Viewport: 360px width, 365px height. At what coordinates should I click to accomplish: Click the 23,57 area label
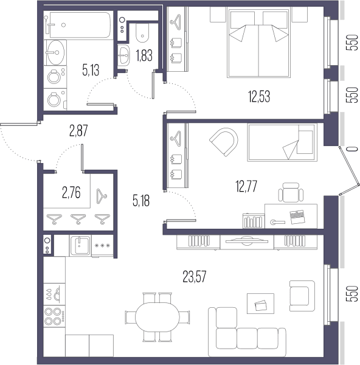(195, 277)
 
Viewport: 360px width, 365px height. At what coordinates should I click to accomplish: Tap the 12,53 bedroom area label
(259, 97)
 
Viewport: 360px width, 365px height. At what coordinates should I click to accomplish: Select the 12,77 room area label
(246, 186)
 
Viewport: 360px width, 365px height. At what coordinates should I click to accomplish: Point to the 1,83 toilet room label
(144, 55)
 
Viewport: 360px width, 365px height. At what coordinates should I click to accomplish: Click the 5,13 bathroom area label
(91, 71)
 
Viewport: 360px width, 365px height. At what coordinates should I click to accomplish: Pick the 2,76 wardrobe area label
(71, 193)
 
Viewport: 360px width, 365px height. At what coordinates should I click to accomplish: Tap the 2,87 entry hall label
(78, 130)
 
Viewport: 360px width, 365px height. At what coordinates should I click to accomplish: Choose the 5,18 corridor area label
(141, 201)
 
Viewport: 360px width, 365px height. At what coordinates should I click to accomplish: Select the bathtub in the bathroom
(80, 25)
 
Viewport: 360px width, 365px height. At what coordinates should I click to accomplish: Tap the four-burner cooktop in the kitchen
(55, 316)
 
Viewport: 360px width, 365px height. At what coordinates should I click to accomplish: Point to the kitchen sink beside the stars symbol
(80, 246)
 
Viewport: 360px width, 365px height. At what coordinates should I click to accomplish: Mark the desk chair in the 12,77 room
(291, 193)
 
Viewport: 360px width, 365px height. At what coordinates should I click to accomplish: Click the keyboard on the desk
(297, 217)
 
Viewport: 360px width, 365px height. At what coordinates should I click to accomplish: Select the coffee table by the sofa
(260, 304)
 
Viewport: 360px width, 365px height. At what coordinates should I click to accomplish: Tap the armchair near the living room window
(302, 296)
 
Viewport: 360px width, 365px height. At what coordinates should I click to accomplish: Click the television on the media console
(247, 241)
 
